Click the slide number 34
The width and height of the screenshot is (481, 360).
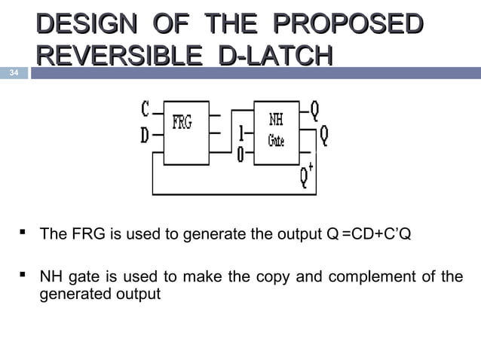14,73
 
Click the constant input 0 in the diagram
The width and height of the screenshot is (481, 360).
240,155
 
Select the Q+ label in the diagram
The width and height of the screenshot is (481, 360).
305,176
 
